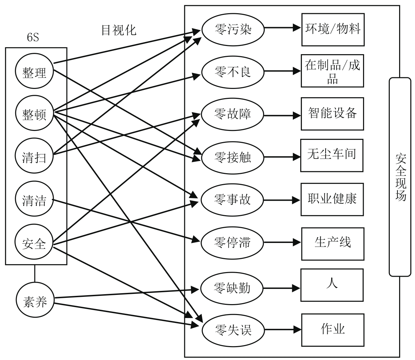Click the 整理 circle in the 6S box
point(34,72)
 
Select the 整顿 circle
point(34,114)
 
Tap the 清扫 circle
point(34,157)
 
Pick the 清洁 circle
point(34,200)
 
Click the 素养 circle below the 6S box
point(35,301)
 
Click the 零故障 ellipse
point(233,114)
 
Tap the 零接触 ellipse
point(233,157)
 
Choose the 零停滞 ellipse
point(232,242)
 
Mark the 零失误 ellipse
point(233,330)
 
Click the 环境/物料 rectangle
point(333,29)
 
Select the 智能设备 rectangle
point(332,114)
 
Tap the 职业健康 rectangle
point(332,199)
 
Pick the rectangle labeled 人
point(332,285)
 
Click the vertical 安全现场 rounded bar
point(400,177)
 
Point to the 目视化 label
point(118,30)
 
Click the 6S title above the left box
point(33,38)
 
